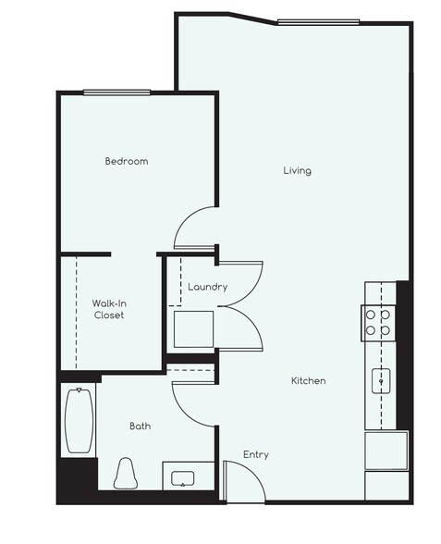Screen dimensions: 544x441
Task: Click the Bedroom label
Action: [x=126, y=161]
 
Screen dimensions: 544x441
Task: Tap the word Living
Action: [x=297, y=170]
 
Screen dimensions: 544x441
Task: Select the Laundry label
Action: [x=207, y=287]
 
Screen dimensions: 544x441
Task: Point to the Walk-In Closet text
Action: [x=108, y=309]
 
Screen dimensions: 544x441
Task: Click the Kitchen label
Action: [x=309, y=380]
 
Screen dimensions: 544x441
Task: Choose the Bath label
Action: [x=140, y=427]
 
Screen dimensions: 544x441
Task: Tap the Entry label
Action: [x=256, y=454]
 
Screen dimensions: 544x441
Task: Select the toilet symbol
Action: [x=125, y=474]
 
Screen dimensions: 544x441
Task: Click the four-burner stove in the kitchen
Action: [x=376, y=321]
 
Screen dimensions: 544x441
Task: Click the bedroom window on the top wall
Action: [x=116, y=92]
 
